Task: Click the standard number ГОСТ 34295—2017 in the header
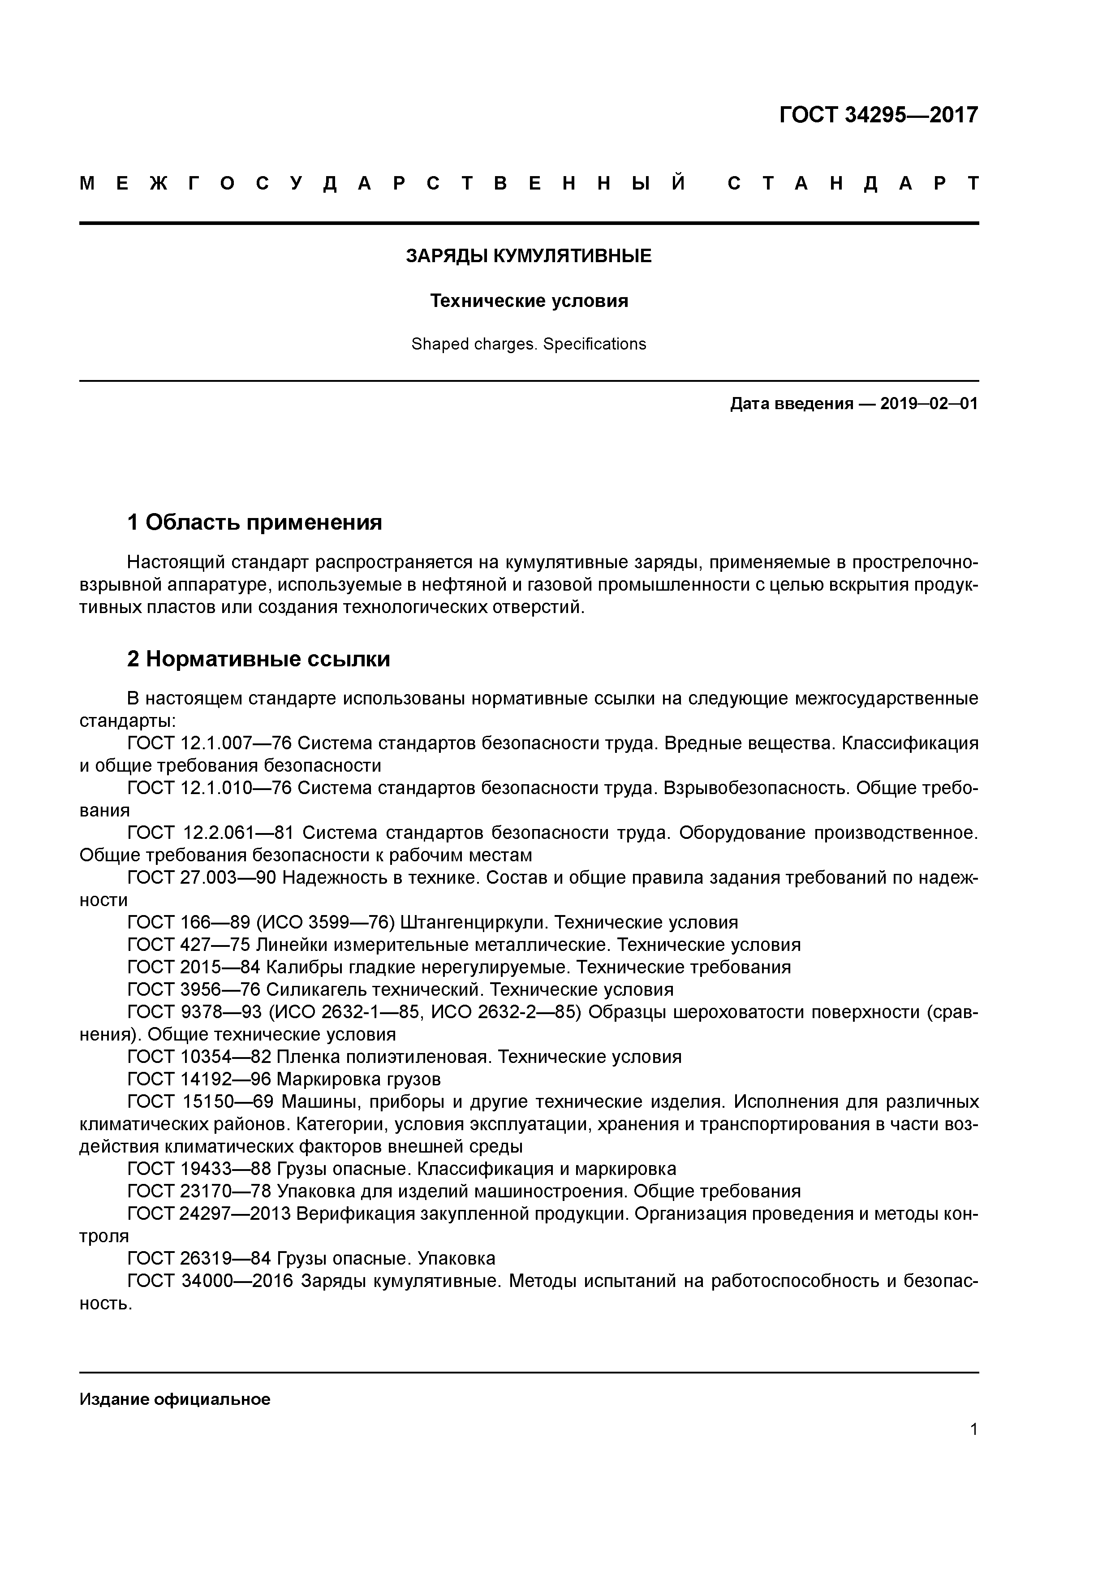coord(878,115)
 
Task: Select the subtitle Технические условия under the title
coord(529,301)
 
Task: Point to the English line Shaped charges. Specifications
coord(529,345)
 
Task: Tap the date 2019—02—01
coord(929,404)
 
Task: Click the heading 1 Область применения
coord(254,523)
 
